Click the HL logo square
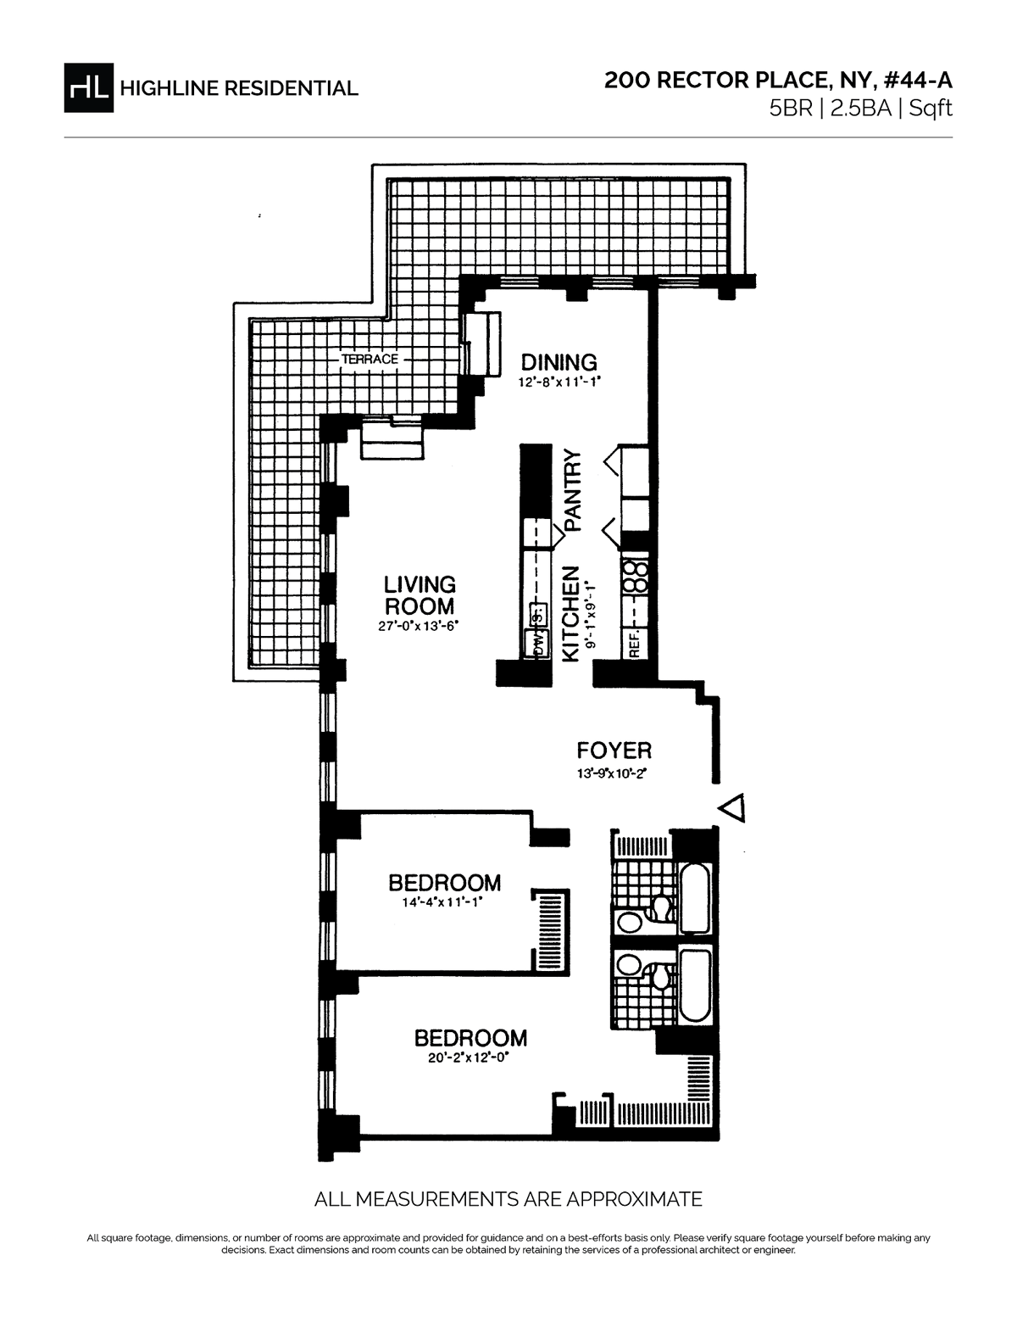(88, 87)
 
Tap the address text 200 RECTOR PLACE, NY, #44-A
(778, 81)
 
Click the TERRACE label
(370, 360)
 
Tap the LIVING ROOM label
(420, 595)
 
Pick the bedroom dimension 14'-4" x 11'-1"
(444, 902)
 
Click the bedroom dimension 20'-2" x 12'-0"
(470, 1058)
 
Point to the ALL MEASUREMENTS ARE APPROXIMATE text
(508, 1199)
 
